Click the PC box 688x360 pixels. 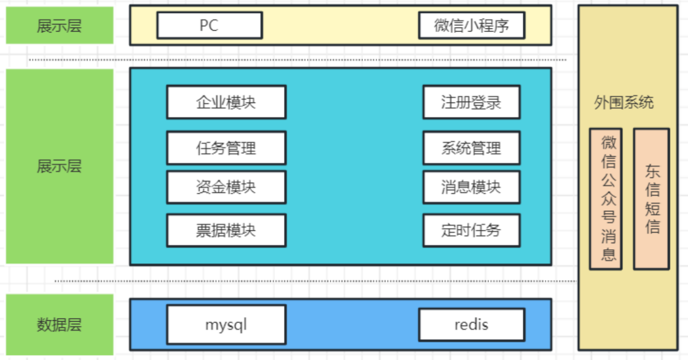pyautogui.click(x=209, y=25)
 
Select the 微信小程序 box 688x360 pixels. pyautogui.click(x=471, y=25)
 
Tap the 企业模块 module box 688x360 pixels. pyautogui.click(x=226, y=102)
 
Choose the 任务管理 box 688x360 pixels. pyautogui.click(x=226, y=148)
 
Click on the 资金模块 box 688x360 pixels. pyautogui.click(x=226, y=187)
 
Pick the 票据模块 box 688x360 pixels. pyautogui.click(x=226, y=231)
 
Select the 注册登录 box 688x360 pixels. pyautogui.click(x=471, y=102)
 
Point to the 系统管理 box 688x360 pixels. pyautogui.click(x=471, y=148)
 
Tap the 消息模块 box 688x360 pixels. pyautogui.click(x=471, y=187)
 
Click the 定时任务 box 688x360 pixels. pyautogui.click(x=471, y=231)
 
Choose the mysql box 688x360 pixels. pyautogui.click(x=226, y=325)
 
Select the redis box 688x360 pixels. pyautogui.click(x=471, y=325)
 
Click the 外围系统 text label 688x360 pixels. pyautogui.click(x=623, y=103)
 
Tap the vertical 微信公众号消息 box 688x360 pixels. pyautogui.click(x=606, y=199)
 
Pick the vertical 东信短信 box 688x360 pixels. pyautogui.click(x=651, y=199)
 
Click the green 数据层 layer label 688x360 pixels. pyautogui.click(x=59, y=325)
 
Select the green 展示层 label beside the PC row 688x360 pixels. pyautogui.click(x=59, y=25)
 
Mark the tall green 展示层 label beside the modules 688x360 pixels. pyautogui.click(x=59, y=166)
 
